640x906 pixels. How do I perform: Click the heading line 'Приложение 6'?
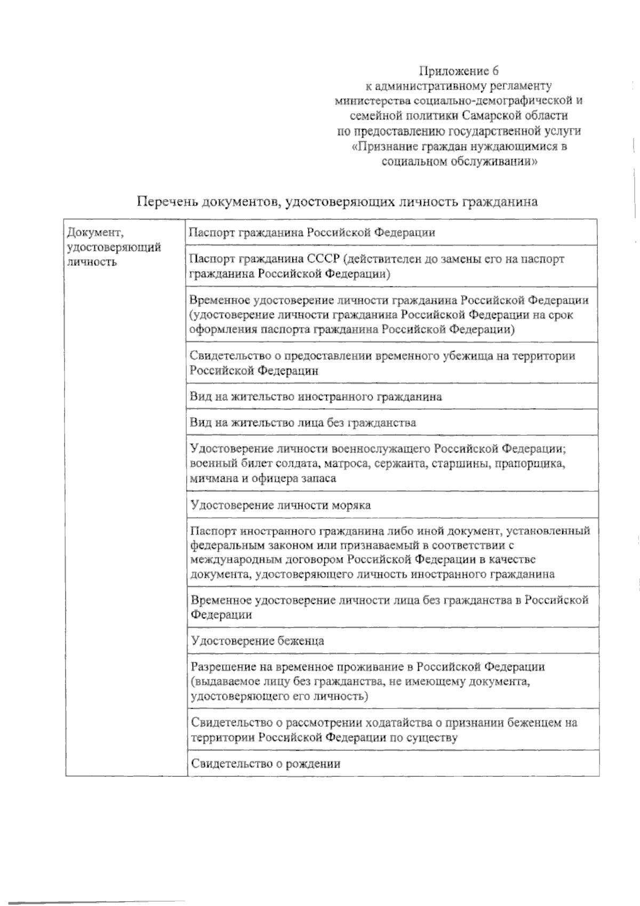pos(459,71)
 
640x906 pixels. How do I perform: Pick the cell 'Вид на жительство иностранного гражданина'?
pos(316,397)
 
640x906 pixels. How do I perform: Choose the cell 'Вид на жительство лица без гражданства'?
pos(303,423)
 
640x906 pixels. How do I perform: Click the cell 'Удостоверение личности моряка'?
pos(281,505)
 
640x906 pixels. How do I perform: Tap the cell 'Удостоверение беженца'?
pos(257,640)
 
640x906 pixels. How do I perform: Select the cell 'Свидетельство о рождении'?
pos(266,763)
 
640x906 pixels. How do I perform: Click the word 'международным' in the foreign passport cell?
pos(230,560)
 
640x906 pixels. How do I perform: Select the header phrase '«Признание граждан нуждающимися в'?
pos(459,146)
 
